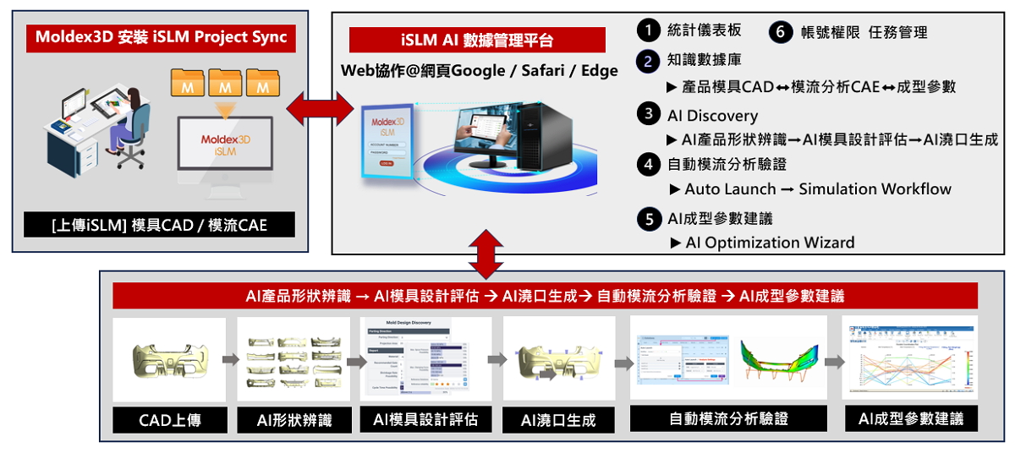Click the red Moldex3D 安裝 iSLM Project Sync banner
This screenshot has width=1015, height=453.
(161, 37)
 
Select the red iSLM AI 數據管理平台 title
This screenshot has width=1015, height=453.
(477, 41)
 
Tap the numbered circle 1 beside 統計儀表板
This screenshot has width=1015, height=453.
(648, 30)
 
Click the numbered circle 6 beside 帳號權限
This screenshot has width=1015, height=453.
(781, 32)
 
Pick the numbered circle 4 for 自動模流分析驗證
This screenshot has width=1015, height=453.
(648, 164)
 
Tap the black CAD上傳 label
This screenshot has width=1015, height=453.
(170, 418)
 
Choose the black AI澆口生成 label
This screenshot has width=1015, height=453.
(557, 419)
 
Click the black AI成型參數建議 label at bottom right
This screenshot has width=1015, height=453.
(911, 418)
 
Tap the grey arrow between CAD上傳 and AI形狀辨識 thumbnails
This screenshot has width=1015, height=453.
(230, 359)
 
